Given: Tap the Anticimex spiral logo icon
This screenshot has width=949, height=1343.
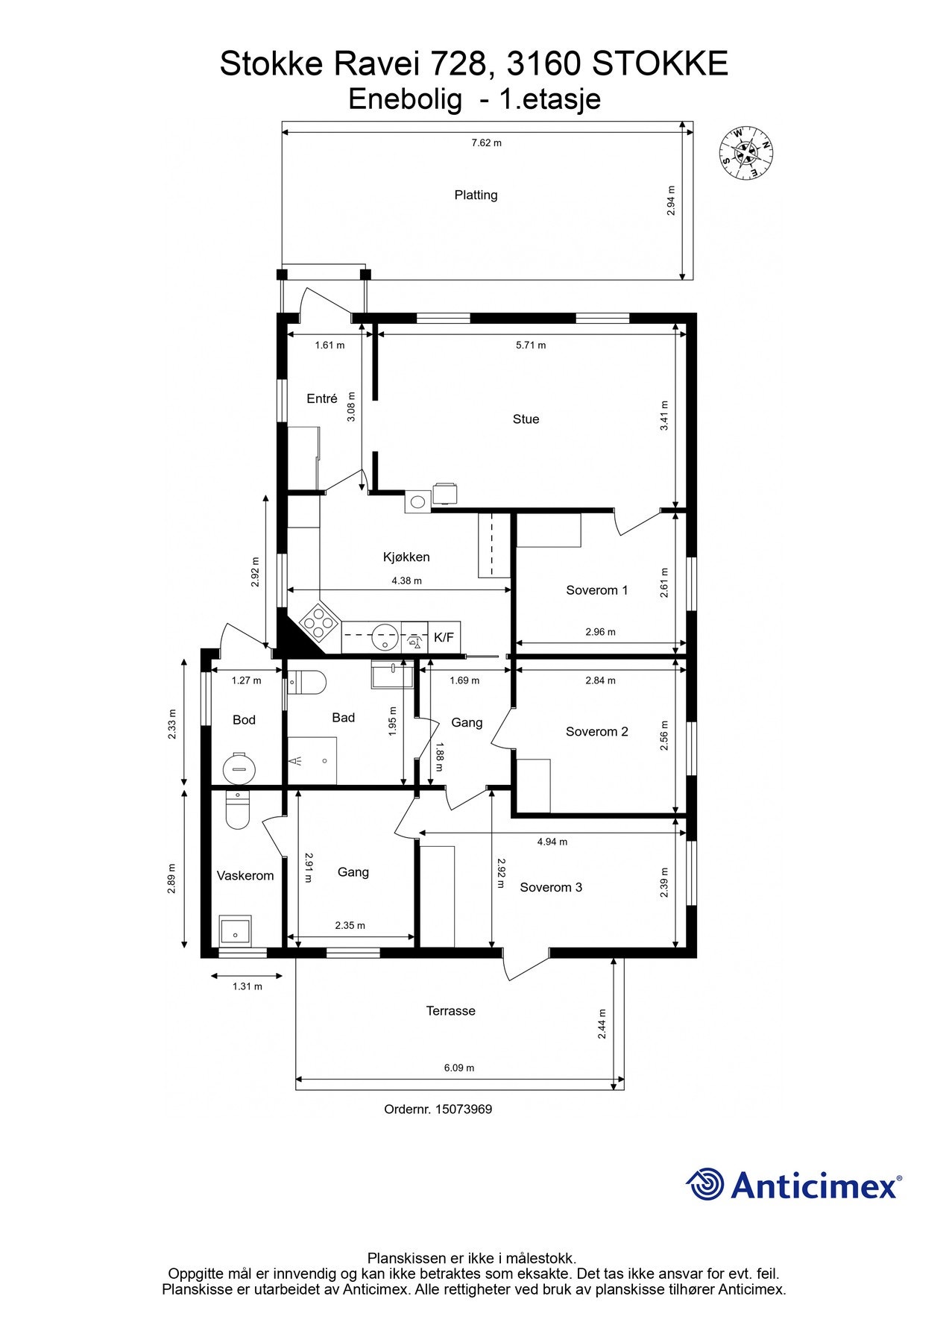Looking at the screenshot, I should [704, 1185].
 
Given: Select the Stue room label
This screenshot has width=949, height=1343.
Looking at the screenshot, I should [526, 419].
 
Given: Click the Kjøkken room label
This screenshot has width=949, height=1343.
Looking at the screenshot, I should [406, 557].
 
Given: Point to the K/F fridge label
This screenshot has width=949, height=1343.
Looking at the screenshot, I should [444, 638].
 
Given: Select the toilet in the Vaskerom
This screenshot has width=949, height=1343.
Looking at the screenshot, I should [238, 811].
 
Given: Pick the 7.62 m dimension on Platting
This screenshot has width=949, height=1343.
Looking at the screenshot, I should [486, 143].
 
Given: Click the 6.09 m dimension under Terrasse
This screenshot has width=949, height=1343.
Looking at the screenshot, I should [459, 1068].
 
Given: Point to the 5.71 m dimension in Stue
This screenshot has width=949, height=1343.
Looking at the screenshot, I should [531, 345].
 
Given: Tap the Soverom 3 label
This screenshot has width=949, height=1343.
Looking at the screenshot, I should [551, 887].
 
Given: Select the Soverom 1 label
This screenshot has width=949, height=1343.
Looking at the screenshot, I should [596, 590].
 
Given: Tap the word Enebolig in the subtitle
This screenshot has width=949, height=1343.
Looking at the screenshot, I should [405, 99].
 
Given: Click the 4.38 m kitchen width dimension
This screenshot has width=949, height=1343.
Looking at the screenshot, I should [406, 580].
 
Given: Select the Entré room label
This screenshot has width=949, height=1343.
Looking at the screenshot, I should [322, 399].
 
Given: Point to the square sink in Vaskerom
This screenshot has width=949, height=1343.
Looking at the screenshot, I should [236, 931].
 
